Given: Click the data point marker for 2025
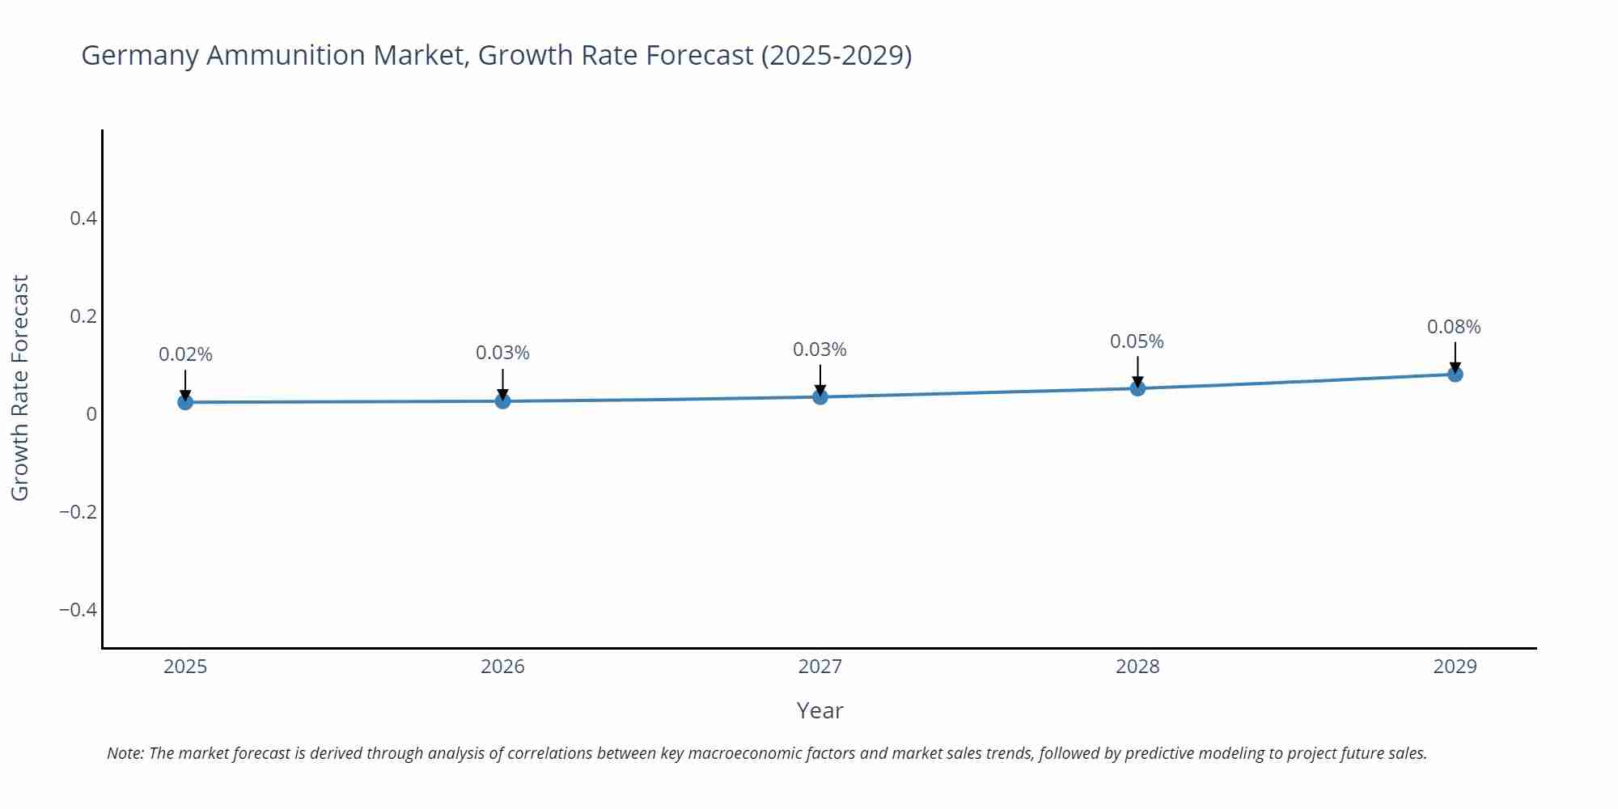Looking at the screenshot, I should pos(185,402).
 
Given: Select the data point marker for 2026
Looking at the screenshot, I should pos(502,400).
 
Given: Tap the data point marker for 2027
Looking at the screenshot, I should pos(820,396).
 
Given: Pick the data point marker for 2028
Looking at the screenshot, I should pos(1137,388).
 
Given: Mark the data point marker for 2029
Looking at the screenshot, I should pos(1455,374).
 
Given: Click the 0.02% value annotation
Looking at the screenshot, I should pos(185,354).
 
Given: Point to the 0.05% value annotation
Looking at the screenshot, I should pos(1137,341).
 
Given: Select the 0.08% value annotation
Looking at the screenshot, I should pos(1454,327).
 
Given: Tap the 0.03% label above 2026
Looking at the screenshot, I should pos(502,353).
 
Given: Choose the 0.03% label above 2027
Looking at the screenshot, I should pos(820,349).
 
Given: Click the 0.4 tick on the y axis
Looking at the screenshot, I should pos(83,218).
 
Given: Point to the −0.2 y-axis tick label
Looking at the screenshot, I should pos(78,512).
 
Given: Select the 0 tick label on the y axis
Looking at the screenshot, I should pos(91,414).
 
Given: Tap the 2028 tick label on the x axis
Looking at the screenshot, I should pos(1137,667).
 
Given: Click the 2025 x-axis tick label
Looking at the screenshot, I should pos(185,667).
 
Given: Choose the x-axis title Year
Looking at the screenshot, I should pos(820,710).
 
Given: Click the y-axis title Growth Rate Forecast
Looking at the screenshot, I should pos(20,388).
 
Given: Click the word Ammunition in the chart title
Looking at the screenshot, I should pos(286,55).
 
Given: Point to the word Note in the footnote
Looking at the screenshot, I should pos(125,753).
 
